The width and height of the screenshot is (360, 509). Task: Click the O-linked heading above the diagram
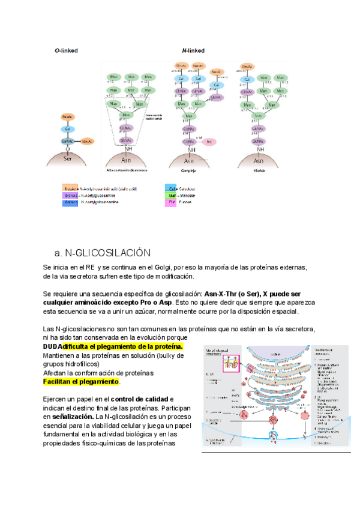(66, 51)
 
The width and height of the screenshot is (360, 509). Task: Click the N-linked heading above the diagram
(193, 51)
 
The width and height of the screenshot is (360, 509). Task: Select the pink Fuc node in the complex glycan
(210, 142)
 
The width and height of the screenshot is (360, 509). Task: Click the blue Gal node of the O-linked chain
(68, 128)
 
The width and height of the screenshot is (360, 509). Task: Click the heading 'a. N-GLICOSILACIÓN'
(101, 253)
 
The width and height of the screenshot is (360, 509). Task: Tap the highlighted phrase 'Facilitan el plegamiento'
(82, 382)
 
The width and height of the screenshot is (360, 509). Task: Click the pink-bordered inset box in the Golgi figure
(230, 362)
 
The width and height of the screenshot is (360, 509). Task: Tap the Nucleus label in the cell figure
(277, 354)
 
